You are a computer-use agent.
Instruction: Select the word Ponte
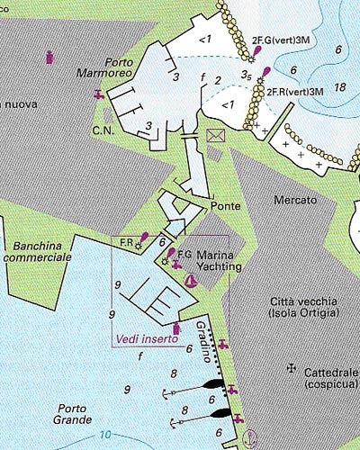[x=225, y=206]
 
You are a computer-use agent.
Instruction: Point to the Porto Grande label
[x=71, y=413]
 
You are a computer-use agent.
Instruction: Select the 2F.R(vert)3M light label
[x=297, y=92]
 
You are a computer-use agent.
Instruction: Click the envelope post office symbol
[x=216, y=136]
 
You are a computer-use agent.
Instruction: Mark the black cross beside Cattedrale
[x=291, y=368]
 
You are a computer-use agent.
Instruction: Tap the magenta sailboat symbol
[x=190, y=282]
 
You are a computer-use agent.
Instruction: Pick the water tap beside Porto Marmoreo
[x=97, y=94]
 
